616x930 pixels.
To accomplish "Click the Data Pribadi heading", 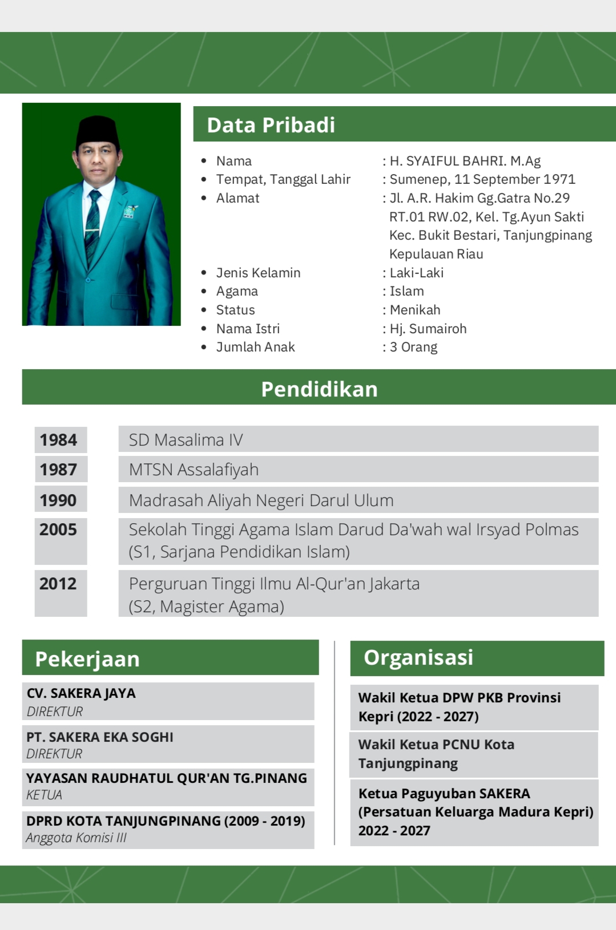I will click(271, 125).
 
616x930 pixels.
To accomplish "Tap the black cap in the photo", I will click(98, 131).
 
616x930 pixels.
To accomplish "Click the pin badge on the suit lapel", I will click(130, 212).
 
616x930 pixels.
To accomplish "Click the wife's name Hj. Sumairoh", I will click(428, 329).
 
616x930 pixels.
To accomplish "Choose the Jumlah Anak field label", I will click(255, 347).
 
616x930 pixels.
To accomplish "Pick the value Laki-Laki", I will click(416, 273).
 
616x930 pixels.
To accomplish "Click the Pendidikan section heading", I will click(319, 389).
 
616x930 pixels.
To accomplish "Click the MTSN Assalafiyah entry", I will click(194, 470).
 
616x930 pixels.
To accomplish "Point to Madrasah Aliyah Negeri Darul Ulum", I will click(261, 500).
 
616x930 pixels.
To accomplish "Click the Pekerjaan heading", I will click(87, 659).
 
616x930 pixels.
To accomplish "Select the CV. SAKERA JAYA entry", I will click(81, 693).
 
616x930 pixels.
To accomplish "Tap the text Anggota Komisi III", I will click(76, 838).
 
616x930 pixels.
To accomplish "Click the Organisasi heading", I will click(418, 657).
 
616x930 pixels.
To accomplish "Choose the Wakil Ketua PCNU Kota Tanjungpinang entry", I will click(436, 754).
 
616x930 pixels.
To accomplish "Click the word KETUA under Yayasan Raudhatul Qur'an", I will click(44, 795).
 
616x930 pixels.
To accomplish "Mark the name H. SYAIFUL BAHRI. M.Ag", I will click(465, 161).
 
